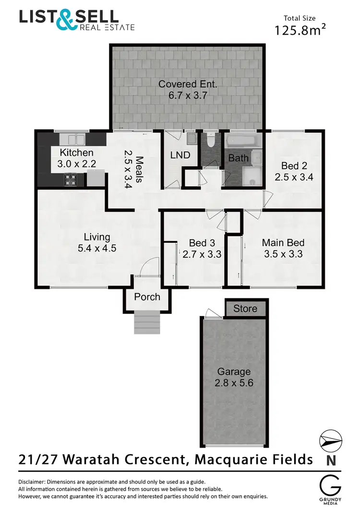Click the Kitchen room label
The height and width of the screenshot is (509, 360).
(x=76, y=153)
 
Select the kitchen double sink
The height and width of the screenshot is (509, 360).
(x=73, y=140)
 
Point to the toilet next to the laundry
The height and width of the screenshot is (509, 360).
(x=210, y=141)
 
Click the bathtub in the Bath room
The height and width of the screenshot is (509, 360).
(x=243, y=142)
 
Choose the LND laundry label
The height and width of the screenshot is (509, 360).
(x=180, y=155)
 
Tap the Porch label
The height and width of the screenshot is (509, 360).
(x=147, y=297)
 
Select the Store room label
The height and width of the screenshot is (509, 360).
(x=245, y=308)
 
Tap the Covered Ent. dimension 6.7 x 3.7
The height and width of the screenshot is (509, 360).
(x=188, y=95)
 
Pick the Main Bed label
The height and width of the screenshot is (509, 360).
(x=283, y=243)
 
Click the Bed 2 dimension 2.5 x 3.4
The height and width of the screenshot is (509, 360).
(x=294, y=177)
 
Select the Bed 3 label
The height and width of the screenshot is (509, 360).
(x=202, y=243)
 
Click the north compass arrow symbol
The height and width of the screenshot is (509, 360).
(x=330, y=441)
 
